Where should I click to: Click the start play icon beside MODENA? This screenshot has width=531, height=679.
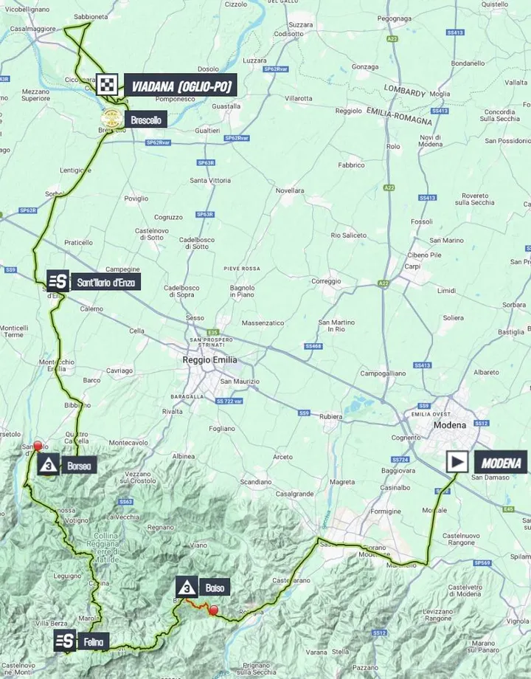point(457,463)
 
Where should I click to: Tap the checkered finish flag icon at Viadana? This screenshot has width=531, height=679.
point(109,86)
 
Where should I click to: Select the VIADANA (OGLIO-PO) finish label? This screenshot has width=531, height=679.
point(181,86)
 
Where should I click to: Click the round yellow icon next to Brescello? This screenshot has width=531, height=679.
point(111,119)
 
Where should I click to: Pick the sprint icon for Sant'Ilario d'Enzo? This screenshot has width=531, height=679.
point(58,281)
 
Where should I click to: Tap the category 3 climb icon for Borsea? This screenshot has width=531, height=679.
point(49,466)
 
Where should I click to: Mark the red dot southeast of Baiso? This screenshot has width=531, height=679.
point(213,610)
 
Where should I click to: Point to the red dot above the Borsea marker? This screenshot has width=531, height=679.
point(38,445)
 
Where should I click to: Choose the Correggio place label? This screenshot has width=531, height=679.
point(325,281)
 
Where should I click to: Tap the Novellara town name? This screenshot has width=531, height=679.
point(290,190)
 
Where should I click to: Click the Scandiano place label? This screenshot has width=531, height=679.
point(255,480)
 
